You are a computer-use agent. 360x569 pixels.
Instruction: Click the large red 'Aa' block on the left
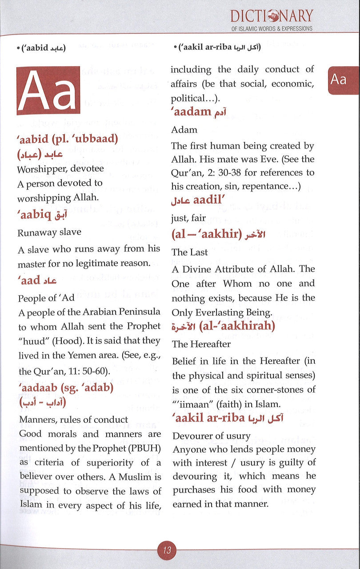[48, 91]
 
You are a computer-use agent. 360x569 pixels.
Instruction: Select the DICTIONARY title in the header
[271, 16]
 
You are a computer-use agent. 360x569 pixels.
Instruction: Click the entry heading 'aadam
[198, 112]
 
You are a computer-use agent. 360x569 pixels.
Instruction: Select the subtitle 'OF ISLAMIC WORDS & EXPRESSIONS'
[271, 28]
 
